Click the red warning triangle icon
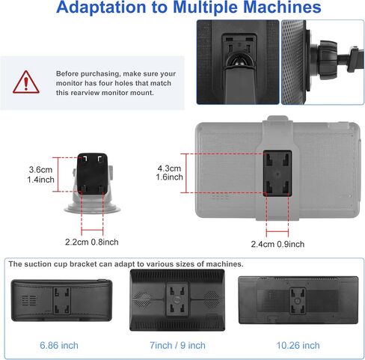26,82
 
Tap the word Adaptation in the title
101,7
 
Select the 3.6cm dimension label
40,170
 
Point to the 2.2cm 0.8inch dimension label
92,242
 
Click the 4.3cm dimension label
169,168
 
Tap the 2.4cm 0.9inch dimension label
277,244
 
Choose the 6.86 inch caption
59,346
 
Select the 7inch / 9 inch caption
177,346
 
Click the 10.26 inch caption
298,346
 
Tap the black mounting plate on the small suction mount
93,174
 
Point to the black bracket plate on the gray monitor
277,173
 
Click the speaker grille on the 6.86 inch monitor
29,300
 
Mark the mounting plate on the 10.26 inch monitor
298,301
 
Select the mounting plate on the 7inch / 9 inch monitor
177,299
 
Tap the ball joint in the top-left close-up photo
239,60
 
